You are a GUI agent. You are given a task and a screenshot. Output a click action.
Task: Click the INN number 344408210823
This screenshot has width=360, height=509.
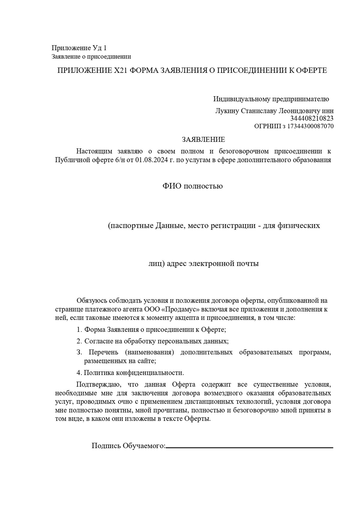(x=312, y=119)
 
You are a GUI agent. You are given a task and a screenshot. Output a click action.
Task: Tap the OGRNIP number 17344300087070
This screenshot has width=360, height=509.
(x=310, y=126)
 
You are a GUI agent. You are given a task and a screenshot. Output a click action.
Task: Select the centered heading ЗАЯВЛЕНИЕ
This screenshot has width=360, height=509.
(x=203, y=139)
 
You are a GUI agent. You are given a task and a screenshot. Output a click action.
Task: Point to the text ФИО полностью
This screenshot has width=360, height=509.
(x=193, y=186)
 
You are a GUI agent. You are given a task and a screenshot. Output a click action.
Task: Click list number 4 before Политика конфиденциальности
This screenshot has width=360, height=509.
(x=79, y=373)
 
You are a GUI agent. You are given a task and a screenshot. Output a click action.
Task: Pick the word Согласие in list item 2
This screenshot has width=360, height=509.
(x=97, y=341)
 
